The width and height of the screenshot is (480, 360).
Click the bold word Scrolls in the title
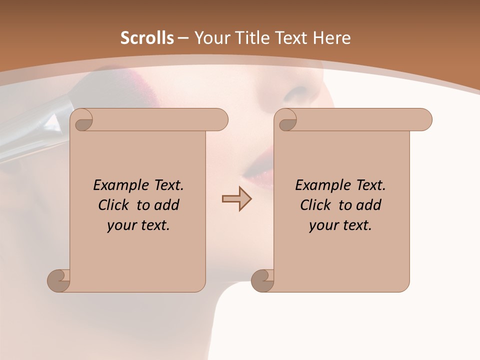point(147,37)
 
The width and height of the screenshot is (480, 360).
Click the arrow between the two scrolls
point(236,198)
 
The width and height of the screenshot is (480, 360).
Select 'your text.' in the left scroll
point(138,225)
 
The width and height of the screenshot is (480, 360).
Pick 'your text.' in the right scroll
point(340,225)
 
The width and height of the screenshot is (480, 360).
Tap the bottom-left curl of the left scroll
point(58,280)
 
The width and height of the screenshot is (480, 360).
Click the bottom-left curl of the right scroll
point(262,280)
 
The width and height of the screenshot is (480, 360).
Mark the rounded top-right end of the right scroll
point(422,119)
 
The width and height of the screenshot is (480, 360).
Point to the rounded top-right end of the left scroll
point(218,119)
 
